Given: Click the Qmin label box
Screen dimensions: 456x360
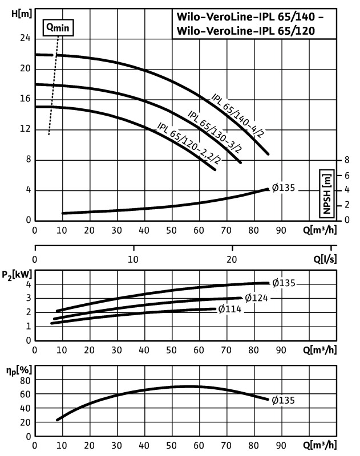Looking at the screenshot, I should [60, 27].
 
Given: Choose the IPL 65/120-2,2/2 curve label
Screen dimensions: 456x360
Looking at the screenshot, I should [186, 144].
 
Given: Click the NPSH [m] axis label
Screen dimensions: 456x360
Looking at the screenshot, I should [327, 193].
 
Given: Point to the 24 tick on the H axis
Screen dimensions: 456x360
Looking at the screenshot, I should [25, 38].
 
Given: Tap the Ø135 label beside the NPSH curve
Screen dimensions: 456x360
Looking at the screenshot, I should [284, 188].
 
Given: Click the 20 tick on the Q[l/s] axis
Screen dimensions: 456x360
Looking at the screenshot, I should [232, 258].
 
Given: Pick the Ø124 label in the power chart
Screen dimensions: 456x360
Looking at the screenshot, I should [256, 297].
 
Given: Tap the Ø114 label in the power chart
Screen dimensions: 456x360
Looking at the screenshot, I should [230, 310].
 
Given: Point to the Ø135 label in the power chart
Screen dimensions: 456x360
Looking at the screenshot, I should [284, 283].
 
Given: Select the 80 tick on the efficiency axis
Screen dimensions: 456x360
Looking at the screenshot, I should [25, 380].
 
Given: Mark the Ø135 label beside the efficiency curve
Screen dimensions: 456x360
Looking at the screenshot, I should [284, 400].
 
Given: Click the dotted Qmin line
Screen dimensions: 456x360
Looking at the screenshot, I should [55, 85].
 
